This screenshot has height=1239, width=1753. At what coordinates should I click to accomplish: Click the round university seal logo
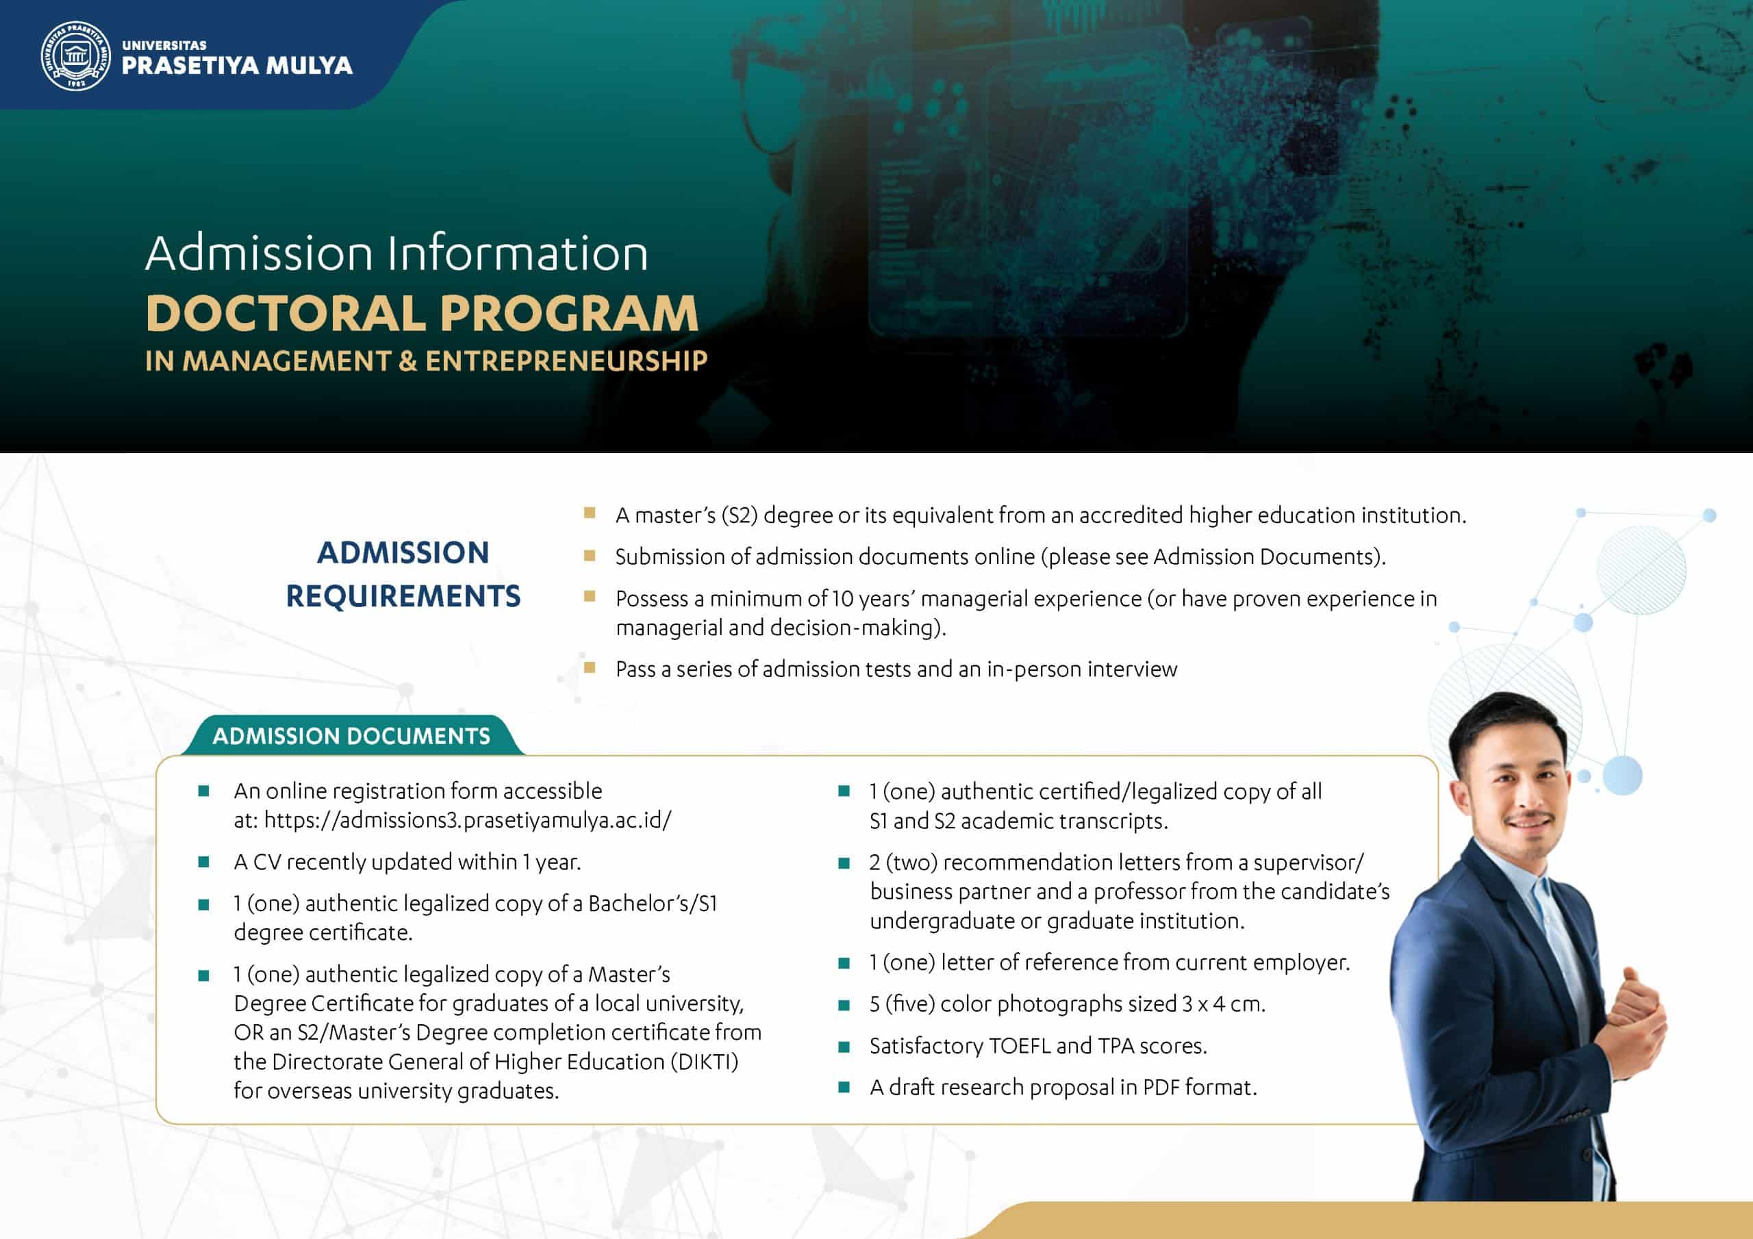(x=75, y=55)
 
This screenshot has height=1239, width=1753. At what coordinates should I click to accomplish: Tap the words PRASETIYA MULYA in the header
(x=237, y=66)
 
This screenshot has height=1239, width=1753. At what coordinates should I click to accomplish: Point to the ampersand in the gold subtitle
(x=409, y=361)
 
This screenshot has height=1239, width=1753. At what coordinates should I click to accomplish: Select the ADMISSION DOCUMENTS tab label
(x=351, y=736)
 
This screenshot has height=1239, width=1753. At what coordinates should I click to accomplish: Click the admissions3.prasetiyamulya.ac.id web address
(x=467, y=820)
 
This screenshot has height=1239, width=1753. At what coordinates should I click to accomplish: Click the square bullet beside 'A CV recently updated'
(x=204, y=863)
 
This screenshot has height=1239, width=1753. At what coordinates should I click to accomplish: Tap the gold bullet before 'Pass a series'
(x=589, y=668)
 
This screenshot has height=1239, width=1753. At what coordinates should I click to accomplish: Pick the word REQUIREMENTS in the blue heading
(x=403, y=596)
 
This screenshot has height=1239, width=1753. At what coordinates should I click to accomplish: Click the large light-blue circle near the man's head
(x=1622, y=775)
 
